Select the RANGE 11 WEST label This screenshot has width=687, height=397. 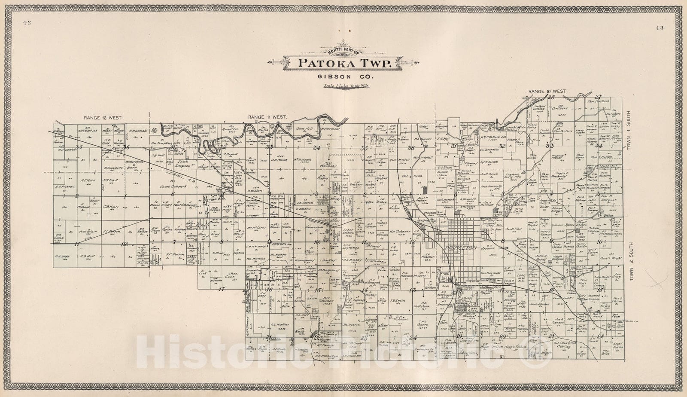[267, 117]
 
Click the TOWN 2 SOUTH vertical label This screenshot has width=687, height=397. [631, 260]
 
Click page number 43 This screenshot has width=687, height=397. [659, 28]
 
